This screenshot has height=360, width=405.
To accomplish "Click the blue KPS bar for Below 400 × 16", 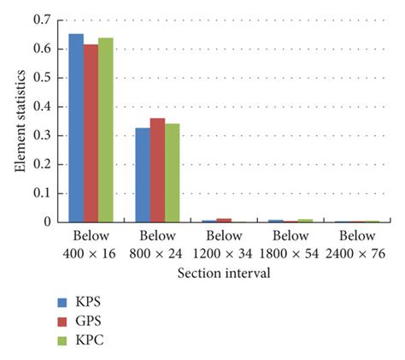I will (x=76, y=128).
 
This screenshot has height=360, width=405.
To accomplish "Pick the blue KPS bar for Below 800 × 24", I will (x=142, y=175).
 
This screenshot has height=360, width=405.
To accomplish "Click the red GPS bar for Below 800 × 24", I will (x=157, y=170).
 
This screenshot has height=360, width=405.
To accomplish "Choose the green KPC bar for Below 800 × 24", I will (x=172, y=173).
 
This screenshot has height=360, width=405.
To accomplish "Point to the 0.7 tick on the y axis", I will (x=40, y=19).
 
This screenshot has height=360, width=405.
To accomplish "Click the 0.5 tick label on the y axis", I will (x=40, y=77).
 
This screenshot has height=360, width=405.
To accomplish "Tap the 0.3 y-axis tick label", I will (x=40, y=135).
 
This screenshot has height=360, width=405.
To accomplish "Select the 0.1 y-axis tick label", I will (x=40, y=193).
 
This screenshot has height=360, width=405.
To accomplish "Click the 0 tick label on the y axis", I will (x=46, y=222).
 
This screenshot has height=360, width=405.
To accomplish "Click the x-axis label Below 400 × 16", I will (x=91, y=245).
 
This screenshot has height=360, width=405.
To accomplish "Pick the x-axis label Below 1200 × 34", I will (x=225, y=245).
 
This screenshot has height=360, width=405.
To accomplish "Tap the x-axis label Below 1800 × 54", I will (x=291, y=245).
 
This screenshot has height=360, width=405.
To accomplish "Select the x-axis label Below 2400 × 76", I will (x=357, y=245).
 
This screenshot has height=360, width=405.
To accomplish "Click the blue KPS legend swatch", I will (x=61, y=302).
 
